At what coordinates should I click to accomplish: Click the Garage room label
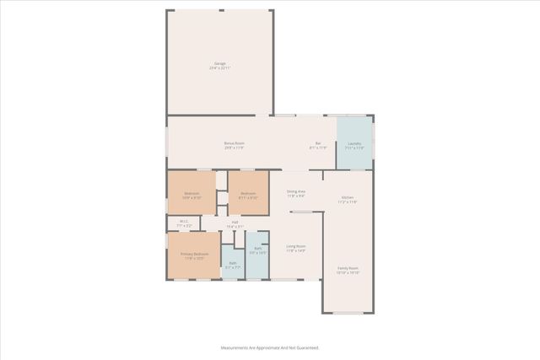[x=219, y=64]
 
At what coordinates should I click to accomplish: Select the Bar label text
[x=319, y=143]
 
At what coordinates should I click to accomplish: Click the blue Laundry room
[x=354, y=143]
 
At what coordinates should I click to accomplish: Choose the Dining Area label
[x=295, y=192]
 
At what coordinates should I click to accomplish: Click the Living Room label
[x=295, y=246]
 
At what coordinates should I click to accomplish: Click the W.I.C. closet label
[x=184, y=223]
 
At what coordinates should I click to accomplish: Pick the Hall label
[x=235, y=223]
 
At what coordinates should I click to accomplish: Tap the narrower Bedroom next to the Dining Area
[x=248, y=195]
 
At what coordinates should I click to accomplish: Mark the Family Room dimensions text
[x=348, y=273]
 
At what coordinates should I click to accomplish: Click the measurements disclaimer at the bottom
[x=270, y=347]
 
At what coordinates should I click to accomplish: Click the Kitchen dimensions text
[x=348, y=202]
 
